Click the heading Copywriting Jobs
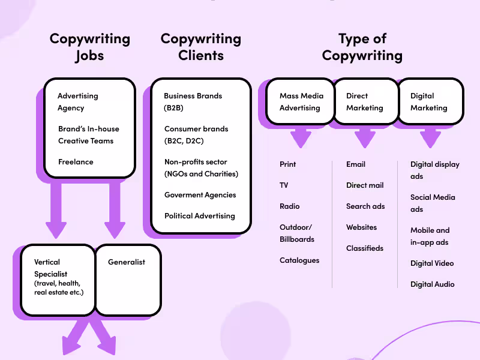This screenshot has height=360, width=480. pos(89,47)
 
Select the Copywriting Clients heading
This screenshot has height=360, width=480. pos(200,47)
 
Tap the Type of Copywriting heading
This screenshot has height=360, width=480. pos(362,47)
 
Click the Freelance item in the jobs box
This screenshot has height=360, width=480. pos(76,161)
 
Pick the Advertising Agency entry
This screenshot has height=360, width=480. pos(77,102)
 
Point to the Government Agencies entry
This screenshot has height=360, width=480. pos(200,194)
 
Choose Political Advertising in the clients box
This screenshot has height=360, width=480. pos(199,215)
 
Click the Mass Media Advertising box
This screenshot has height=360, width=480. pos(301,102)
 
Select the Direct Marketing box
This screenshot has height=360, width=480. pos(365,102)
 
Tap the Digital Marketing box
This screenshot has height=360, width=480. pos(429,102)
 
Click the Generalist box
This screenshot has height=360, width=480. pos(127,280)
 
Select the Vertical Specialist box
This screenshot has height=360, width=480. pos(58,280)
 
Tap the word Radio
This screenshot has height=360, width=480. pos(289,206)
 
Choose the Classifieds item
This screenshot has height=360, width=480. pos(364,248)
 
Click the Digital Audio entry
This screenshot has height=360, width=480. pos(432,284)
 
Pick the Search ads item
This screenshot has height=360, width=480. pos(365,206)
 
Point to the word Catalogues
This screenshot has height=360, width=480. pos(299,260)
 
